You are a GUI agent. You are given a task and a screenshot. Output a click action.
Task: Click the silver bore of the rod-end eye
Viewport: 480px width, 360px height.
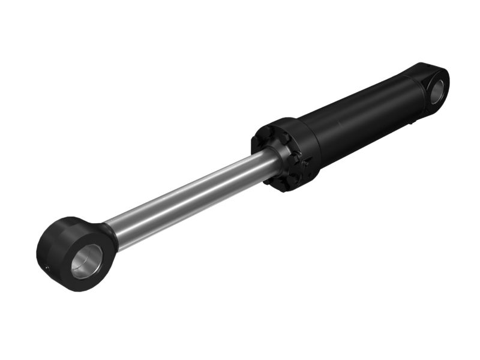click(x=88, y=261)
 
